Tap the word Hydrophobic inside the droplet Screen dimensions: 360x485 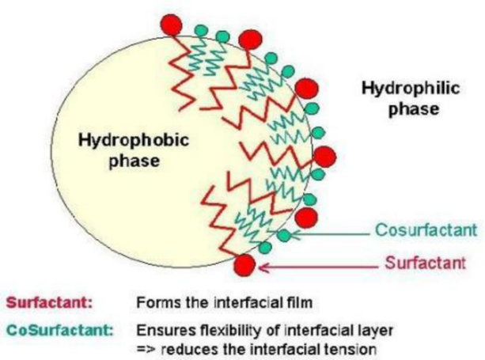click(123, 141)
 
